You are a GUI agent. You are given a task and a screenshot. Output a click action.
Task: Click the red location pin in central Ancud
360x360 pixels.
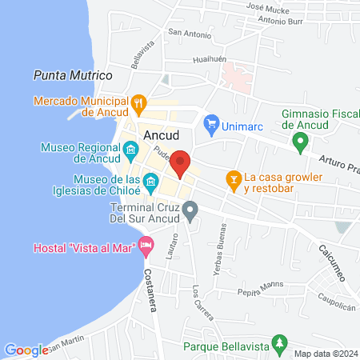tap(181, 162)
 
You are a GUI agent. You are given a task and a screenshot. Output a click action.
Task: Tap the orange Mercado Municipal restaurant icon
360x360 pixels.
tap(139, 102)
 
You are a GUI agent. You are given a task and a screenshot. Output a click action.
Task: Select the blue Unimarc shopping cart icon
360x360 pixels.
tap(211, 122)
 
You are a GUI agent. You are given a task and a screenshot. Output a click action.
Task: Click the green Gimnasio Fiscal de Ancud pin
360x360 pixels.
tap(301, 143)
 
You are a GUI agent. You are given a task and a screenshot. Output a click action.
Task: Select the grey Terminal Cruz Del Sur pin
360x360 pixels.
tap(190, 211)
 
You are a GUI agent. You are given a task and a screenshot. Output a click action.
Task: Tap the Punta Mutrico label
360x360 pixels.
tap(73, 74)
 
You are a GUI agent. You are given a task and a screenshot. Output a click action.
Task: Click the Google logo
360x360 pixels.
tap(26, 350)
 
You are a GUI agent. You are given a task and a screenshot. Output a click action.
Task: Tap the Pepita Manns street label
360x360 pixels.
tap(261, 288)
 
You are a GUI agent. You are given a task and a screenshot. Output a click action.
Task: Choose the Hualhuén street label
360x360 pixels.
tap(211, 60)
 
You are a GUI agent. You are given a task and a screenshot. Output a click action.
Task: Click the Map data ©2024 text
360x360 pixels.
tap(326, 354)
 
